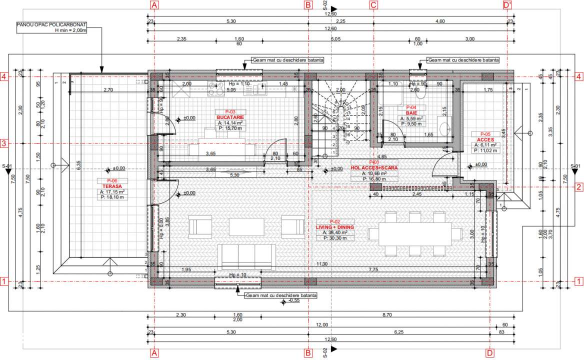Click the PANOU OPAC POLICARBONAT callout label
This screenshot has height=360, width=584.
52,24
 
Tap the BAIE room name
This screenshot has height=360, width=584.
411,113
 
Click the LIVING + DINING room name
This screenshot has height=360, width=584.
334,227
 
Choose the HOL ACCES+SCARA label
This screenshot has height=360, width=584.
374,168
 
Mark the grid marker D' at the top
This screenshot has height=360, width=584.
508,5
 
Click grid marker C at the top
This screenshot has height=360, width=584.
373,5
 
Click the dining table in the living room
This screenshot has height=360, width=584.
414,234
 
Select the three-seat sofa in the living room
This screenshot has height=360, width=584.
247,256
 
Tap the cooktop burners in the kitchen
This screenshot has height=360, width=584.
218,89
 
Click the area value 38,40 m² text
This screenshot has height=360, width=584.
334,232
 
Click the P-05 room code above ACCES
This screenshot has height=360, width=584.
485,134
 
